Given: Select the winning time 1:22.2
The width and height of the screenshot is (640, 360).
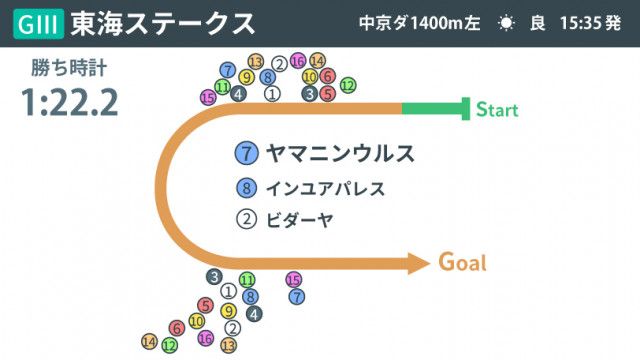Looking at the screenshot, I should coord(69,102).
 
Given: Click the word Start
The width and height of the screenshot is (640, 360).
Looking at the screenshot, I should coord(497,109).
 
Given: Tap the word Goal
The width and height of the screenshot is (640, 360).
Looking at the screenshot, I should coord(463,263).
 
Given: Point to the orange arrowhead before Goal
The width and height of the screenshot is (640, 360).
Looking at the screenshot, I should coord(417,263).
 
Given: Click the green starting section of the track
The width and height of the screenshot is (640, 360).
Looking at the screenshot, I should coord(434,108).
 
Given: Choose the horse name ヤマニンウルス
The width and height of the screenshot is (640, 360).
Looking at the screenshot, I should coord(340,154).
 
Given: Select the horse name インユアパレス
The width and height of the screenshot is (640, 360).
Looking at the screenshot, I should coord(325,188).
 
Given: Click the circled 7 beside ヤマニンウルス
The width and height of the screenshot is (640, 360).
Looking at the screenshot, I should coord(246,154).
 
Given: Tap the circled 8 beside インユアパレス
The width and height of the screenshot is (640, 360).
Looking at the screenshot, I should coord(246,188).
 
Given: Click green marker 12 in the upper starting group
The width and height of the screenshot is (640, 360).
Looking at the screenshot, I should coord(347,86).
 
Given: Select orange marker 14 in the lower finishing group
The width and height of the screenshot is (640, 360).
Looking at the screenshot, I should coord(149,342).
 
